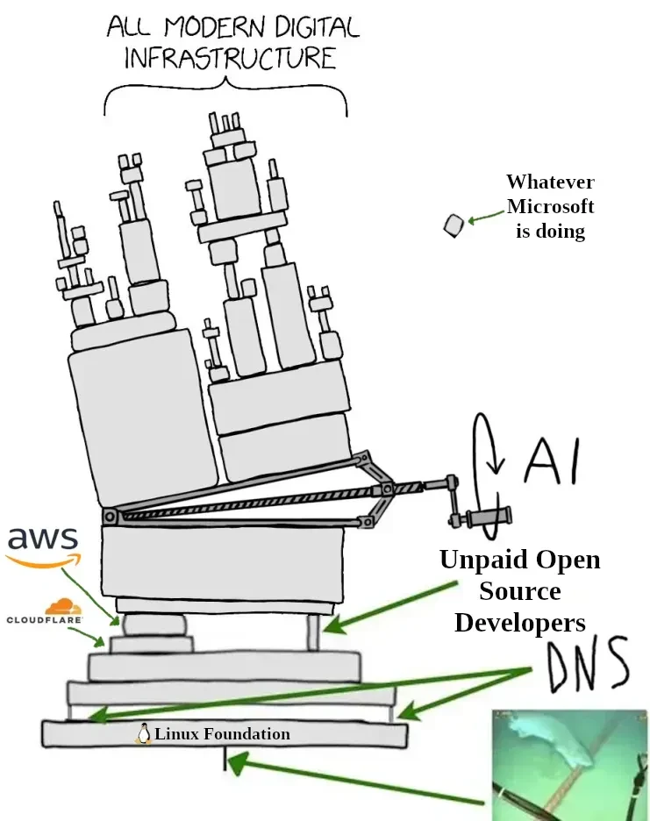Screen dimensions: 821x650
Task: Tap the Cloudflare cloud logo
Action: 60,606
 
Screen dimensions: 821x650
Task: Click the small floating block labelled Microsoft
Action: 453,225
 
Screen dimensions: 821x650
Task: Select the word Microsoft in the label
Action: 550,207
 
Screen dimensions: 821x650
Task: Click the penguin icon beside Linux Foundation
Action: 143,734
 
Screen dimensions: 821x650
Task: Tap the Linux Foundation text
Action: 222,734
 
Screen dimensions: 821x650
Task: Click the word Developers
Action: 519,623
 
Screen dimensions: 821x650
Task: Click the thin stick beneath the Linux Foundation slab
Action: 225,760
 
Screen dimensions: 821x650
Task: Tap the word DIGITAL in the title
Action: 305,26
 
